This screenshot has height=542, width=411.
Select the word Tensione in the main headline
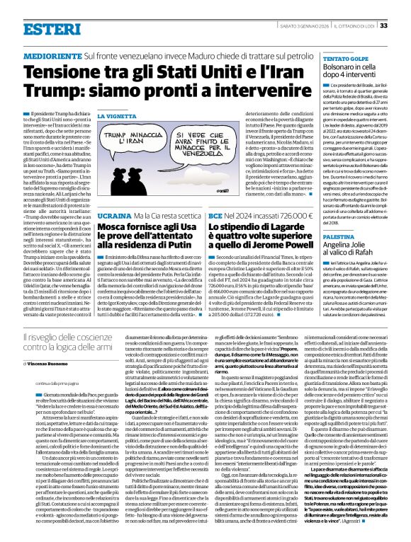[x=60, y=72]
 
